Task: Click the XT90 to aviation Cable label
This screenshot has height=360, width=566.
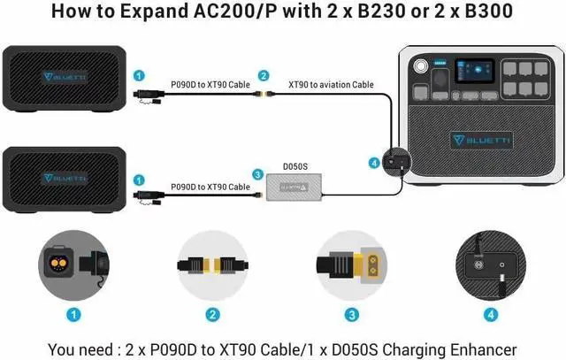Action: click(331, 85)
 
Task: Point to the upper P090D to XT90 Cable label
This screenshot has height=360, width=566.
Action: click(210, 85)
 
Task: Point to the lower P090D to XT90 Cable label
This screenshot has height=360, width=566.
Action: click(210, 187)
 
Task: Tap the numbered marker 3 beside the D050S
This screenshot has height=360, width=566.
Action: click(257, 175)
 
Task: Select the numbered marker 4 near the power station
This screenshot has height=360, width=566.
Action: click(374, 163)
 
